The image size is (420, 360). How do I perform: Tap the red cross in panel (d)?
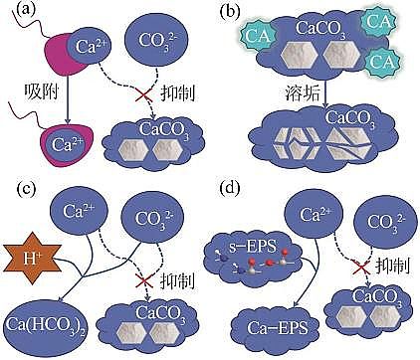point(355,267)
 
